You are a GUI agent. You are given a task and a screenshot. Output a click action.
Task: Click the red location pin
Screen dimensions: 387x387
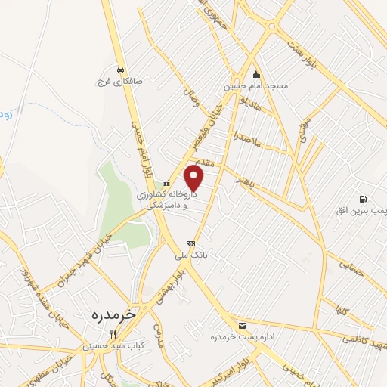click(194, 178)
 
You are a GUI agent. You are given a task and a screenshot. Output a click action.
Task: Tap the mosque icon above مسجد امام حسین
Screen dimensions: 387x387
click(255, 75)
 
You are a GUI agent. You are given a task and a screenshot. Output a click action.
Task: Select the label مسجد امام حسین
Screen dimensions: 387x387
click(255, 87)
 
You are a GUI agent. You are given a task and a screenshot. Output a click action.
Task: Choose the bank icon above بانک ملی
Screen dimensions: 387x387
click(190, 243)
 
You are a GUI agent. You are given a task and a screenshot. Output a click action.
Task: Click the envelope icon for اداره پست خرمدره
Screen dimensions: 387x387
click(241, 325)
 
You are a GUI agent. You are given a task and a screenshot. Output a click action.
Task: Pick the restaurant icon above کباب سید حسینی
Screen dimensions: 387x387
click(113, 333)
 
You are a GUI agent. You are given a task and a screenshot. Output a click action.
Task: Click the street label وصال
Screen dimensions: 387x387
click(190, 97)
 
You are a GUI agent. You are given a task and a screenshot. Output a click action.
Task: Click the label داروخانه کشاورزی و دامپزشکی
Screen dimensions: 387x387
click(167, 199)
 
